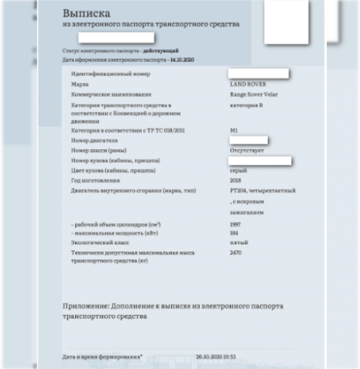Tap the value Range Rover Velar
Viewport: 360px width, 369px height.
point(255,95)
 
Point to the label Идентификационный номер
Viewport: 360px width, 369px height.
point(105,75)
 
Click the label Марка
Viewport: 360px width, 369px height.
point(79,85)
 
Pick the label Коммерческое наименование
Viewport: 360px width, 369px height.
point(108,95)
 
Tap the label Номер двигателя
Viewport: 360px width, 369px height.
point(95,139)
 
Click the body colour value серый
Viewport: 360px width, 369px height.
point(237,170)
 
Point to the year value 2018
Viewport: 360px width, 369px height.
point(236,181)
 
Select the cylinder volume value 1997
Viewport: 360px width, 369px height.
point(236,223)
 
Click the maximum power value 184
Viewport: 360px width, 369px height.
point(235,232)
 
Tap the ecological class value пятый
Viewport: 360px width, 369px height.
point(238,241)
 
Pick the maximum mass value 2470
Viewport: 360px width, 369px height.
point(236,252)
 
